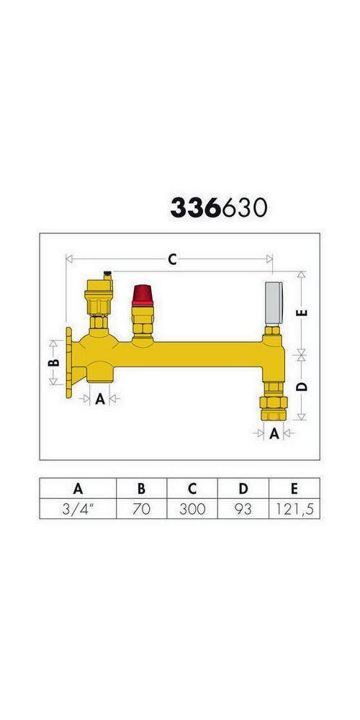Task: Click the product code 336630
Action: click(x=219, y=207)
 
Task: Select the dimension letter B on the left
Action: click(x=53, y=363)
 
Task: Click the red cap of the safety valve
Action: click(x=140, y=296)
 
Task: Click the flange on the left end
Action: click(x=68, y=362)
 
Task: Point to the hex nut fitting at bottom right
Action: click(x=274, y=408)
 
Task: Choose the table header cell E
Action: click(x=294, y=488)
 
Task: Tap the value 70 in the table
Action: click(x=141, y=509)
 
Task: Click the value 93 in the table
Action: click(x=243, y=509)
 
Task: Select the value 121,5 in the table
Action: click(x=294, y=509)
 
